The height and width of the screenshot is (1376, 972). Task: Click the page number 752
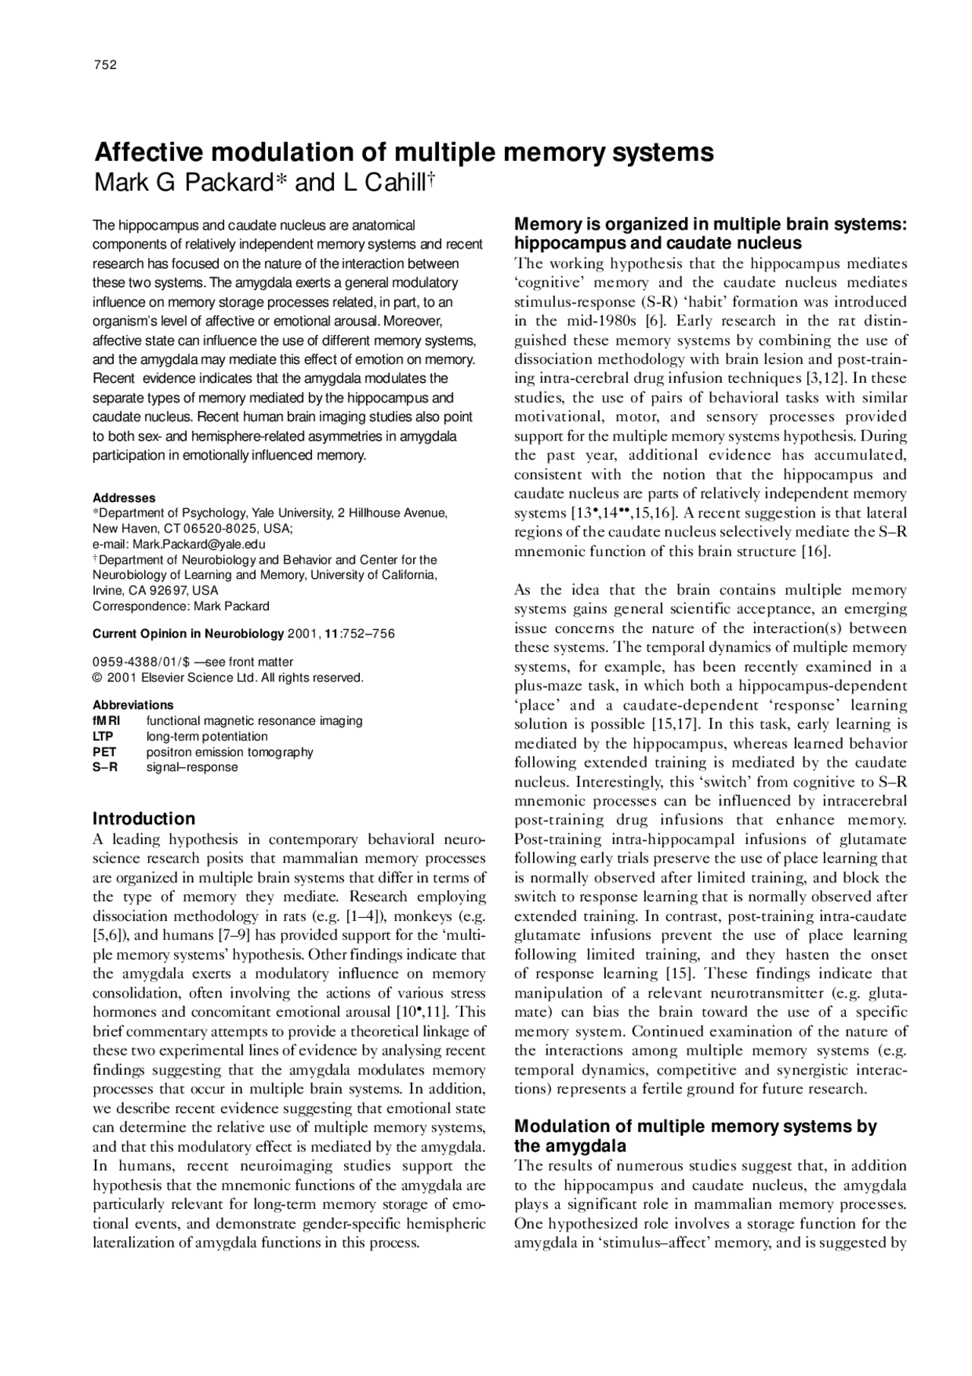(x=105, y=65)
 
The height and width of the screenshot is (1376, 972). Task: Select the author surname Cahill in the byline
(x=390, y=183)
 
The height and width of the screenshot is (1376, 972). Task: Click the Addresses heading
(x=124, y=498)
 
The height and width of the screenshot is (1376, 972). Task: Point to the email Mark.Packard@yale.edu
(x=199, y=544)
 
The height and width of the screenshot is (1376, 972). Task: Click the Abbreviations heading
(x=133, y=704)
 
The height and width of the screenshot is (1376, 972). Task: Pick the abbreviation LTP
(x=103, y=736)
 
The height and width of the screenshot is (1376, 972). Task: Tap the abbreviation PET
(x=103, y=751)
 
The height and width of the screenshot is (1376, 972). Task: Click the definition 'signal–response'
(x=191, y=767)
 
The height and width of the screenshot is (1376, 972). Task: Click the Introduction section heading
(x=144, y=818)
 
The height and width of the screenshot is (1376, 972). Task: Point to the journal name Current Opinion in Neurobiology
(x=188, y=634)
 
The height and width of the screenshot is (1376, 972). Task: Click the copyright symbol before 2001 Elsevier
(x=97, y=678)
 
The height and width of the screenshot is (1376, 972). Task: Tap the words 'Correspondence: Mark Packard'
(x=181, y=606)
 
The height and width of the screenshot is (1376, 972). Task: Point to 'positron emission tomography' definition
(x=229, y=751)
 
